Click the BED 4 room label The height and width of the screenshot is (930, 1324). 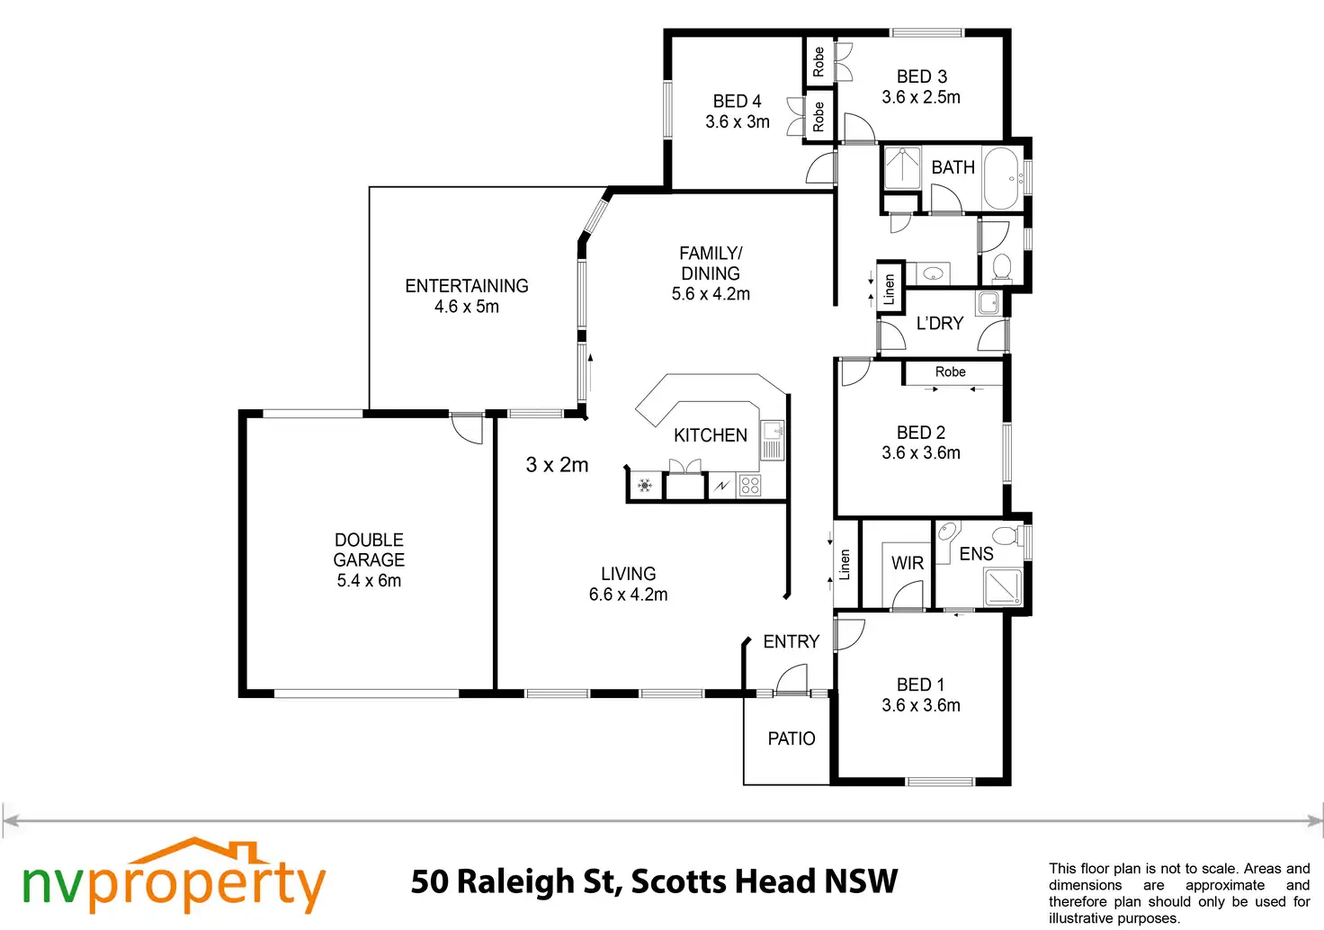737,102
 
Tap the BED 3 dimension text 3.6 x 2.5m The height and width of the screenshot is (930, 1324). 920,97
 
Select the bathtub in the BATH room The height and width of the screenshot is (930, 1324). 1000,178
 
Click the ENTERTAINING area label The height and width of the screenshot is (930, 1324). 466,286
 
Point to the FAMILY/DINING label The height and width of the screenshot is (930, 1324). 710,264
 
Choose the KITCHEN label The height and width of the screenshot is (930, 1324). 710,435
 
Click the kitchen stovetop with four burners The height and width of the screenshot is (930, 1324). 750,486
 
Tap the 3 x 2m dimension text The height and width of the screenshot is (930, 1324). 557,465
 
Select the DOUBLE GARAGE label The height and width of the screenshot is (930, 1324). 369,550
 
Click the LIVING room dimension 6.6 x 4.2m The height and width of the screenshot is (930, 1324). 628,595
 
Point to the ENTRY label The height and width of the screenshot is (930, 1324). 791,641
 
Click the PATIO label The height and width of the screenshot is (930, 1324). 791,738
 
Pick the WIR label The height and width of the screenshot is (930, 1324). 907,563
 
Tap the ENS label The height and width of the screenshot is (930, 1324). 976,554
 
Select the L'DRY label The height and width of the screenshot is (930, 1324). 939,323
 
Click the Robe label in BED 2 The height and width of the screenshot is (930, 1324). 950,371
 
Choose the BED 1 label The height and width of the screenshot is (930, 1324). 920,684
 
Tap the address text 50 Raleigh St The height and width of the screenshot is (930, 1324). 515,881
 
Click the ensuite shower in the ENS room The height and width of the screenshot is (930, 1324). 1003,586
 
